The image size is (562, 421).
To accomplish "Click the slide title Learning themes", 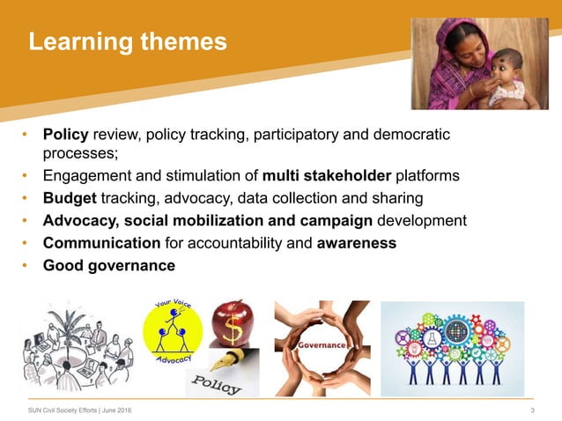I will [127, 41].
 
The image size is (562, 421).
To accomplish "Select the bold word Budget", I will [69, 197].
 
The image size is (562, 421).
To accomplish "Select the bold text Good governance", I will [108, 265].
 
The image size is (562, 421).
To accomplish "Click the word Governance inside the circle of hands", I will [322, 345].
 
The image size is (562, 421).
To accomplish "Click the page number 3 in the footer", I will [533, 410].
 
